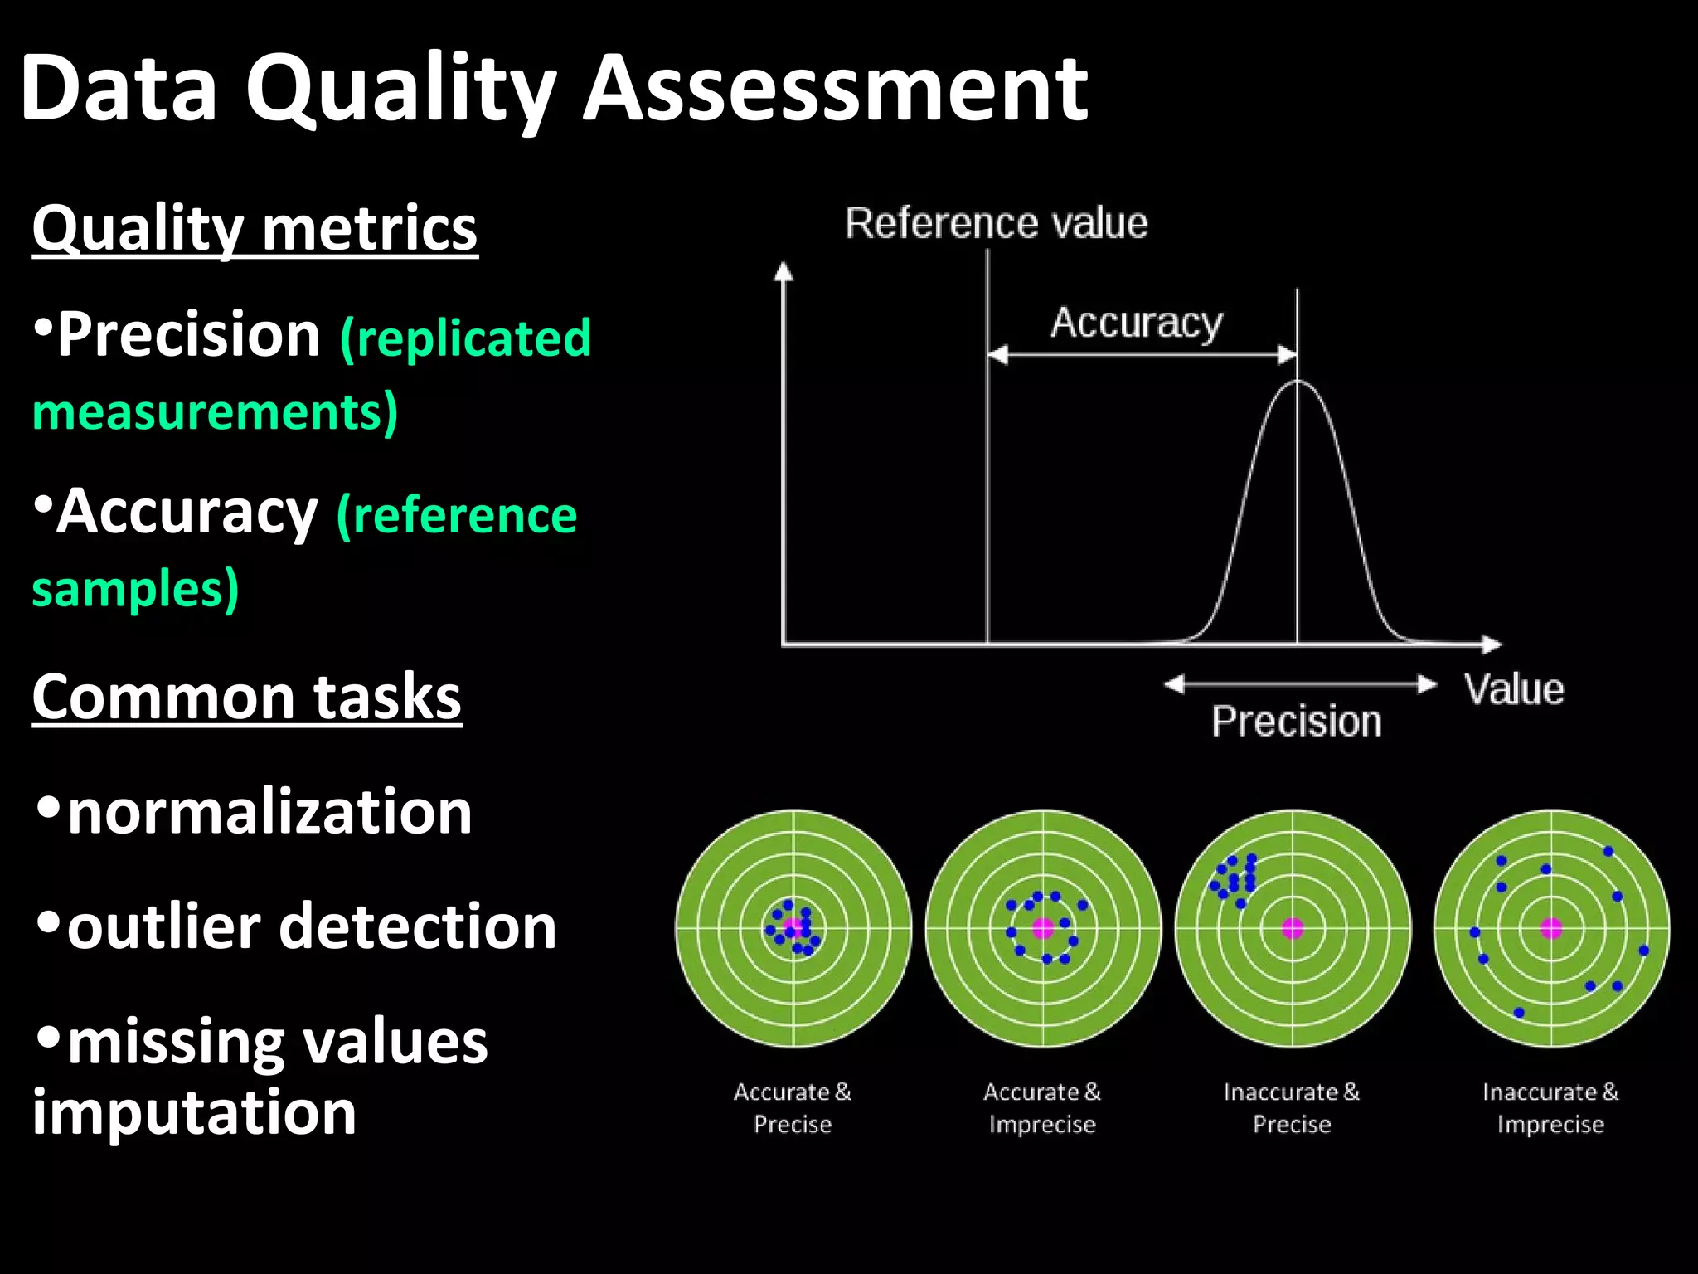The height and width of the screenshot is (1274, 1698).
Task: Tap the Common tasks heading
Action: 246,697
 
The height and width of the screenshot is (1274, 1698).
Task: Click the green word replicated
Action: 466,338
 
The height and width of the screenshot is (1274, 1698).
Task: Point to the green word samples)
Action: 135,589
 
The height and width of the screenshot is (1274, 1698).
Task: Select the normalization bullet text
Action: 269,812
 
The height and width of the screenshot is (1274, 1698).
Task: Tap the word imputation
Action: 194,1112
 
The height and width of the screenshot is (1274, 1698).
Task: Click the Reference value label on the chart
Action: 997,223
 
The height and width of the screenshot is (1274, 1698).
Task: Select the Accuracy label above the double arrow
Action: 1137,323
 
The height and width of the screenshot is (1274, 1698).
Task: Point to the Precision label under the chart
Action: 1297,722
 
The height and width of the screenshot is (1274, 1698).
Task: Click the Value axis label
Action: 1514,689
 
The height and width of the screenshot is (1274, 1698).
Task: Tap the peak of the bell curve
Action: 1298,382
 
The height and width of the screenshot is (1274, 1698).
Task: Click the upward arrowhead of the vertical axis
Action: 783,270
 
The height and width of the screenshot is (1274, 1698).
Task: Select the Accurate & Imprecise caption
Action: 1042,1108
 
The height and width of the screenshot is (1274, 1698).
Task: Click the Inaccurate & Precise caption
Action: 1292,1108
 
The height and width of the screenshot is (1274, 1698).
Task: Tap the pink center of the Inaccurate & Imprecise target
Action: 1551,928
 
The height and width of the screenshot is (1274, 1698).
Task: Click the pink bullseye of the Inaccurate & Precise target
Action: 1293,928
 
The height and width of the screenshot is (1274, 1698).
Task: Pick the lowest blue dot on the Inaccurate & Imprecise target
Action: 1519,1012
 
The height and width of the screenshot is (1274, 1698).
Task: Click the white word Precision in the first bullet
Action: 189,334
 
